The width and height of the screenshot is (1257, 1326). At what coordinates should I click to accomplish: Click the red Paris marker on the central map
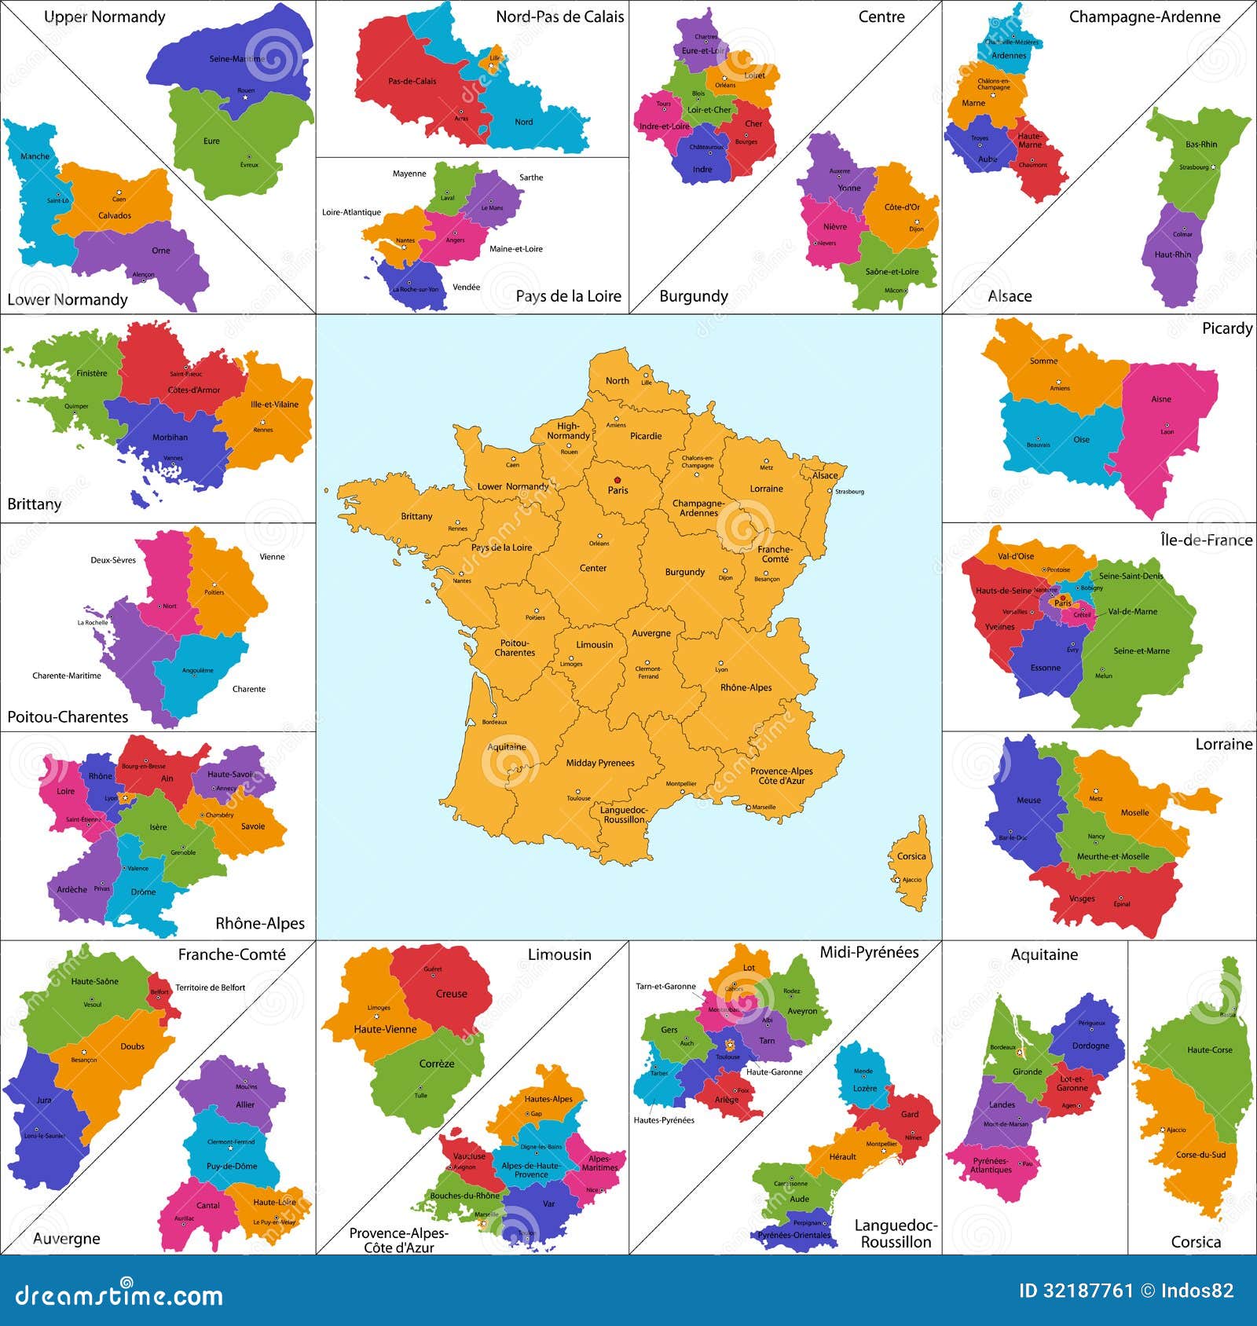(x=618, y=479)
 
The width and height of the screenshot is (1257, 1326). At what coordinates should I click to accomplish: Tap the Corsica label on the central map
(x=911, y=856)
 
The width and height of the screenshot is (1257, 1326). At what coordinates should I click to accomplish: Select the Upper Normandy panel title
(x=104, y=16)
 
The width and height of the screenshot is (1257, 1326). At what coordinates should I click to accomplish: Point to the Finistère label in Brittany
(x=92, y=373)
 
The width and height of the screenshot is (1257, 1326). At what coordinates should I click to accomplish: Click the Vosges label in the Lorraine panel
(x=1082, y=899)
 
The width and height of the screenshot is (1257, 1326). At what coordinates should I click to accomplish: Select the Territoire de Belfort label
(x=211, y=987)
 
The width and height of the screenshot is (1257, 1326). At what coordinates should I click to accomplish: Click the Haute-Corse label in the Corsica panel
(x=1210, y=1049)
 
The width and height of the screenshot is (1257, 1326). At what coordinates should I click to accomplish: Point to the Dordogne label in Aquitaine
(x=1090, y=1046)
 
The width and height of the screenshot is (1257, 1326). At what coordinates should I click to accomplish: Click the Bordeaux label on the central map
(x=495, y=722)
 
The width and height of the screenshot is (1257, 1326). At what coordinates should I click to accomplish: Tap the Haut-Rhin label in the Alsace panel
(x=1172, y=255)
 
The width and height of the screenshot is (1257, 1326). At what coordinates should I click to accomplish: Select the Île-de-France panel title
(x=1206, y=540)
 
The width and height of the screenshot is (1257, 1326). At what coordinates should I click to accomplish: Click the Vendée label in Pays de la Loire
(x=466, y=287)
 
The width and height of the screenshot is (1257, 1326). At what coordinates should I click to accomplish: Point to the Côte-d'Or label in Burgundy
(x=902, y=207)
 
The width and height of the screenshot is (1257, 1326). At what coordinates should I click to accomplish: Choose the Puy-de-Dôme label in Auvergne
(x=232, y=1166)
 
